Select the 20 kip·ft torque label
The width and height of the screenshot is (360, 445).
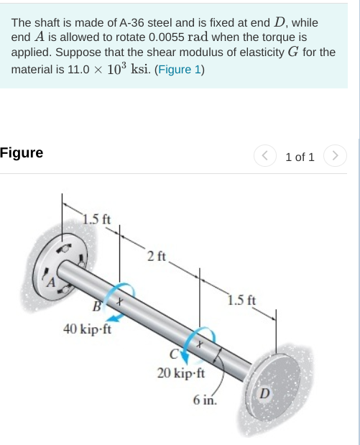pos(180,373)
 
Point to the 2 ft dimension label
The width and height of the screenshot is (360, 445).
pos(155,255)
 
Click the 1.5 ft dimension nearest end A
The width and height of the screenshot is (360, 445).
pos(96,218)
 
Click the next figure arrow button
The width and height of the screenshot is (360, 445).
pos(336,156)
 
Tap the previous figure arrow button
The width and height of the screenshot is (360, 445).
pos(265,156)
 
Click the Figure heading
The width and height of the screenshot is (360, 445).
pos(22,152)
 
